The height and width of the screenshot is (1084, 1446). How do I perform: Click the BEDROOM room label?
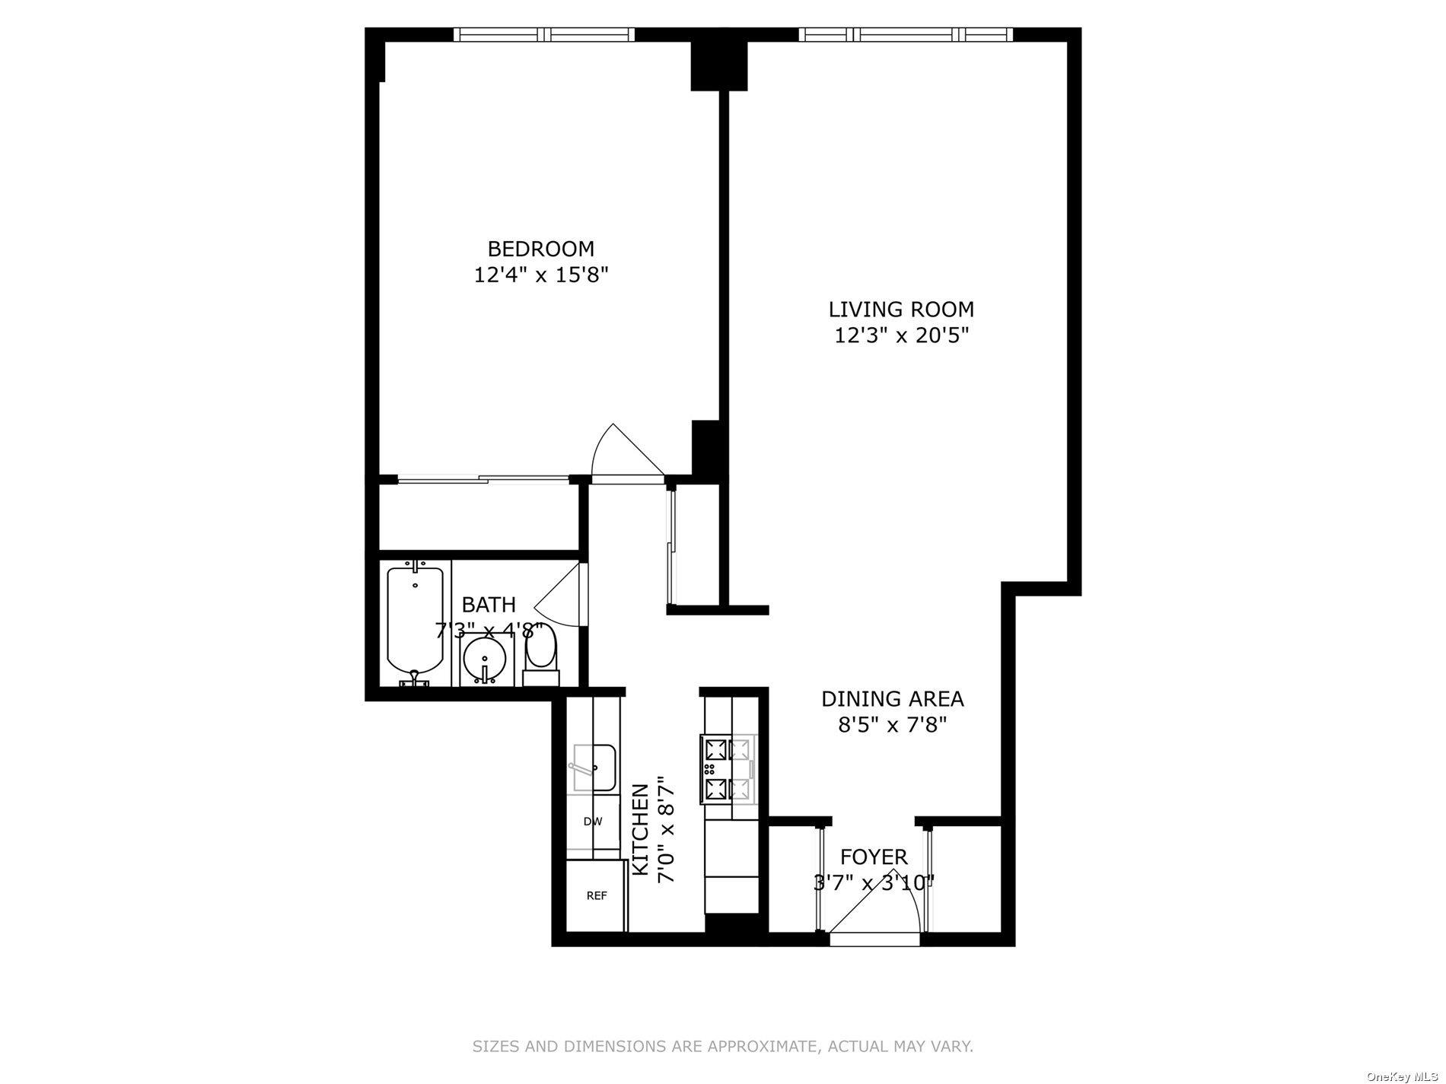pos(540,249)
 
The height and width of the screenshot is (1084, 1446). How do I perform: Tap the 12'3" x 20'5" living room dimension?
pos(901,335)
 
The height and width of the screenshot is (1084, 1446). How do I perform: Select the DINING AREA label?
pos(892,698)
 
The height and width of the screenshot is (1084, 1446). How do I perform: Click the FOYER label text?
pos(874,857)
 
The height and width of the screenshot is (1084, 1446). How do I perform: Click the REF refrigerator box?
pos(596,896)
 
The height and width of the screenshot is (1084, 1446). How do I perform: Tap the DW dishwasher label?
pos(593,822)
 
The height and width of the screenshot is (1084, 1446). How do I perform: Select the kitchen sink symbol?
pos(594,768)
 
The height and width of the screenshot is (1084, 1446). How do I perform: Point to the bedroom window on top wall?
pos(544,34)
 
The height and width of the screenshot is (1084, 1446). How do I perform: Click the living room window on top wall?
pos(906,34)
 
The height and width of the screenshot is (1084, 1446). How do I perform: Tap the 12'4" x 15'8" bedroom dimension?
pos(540,275)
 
